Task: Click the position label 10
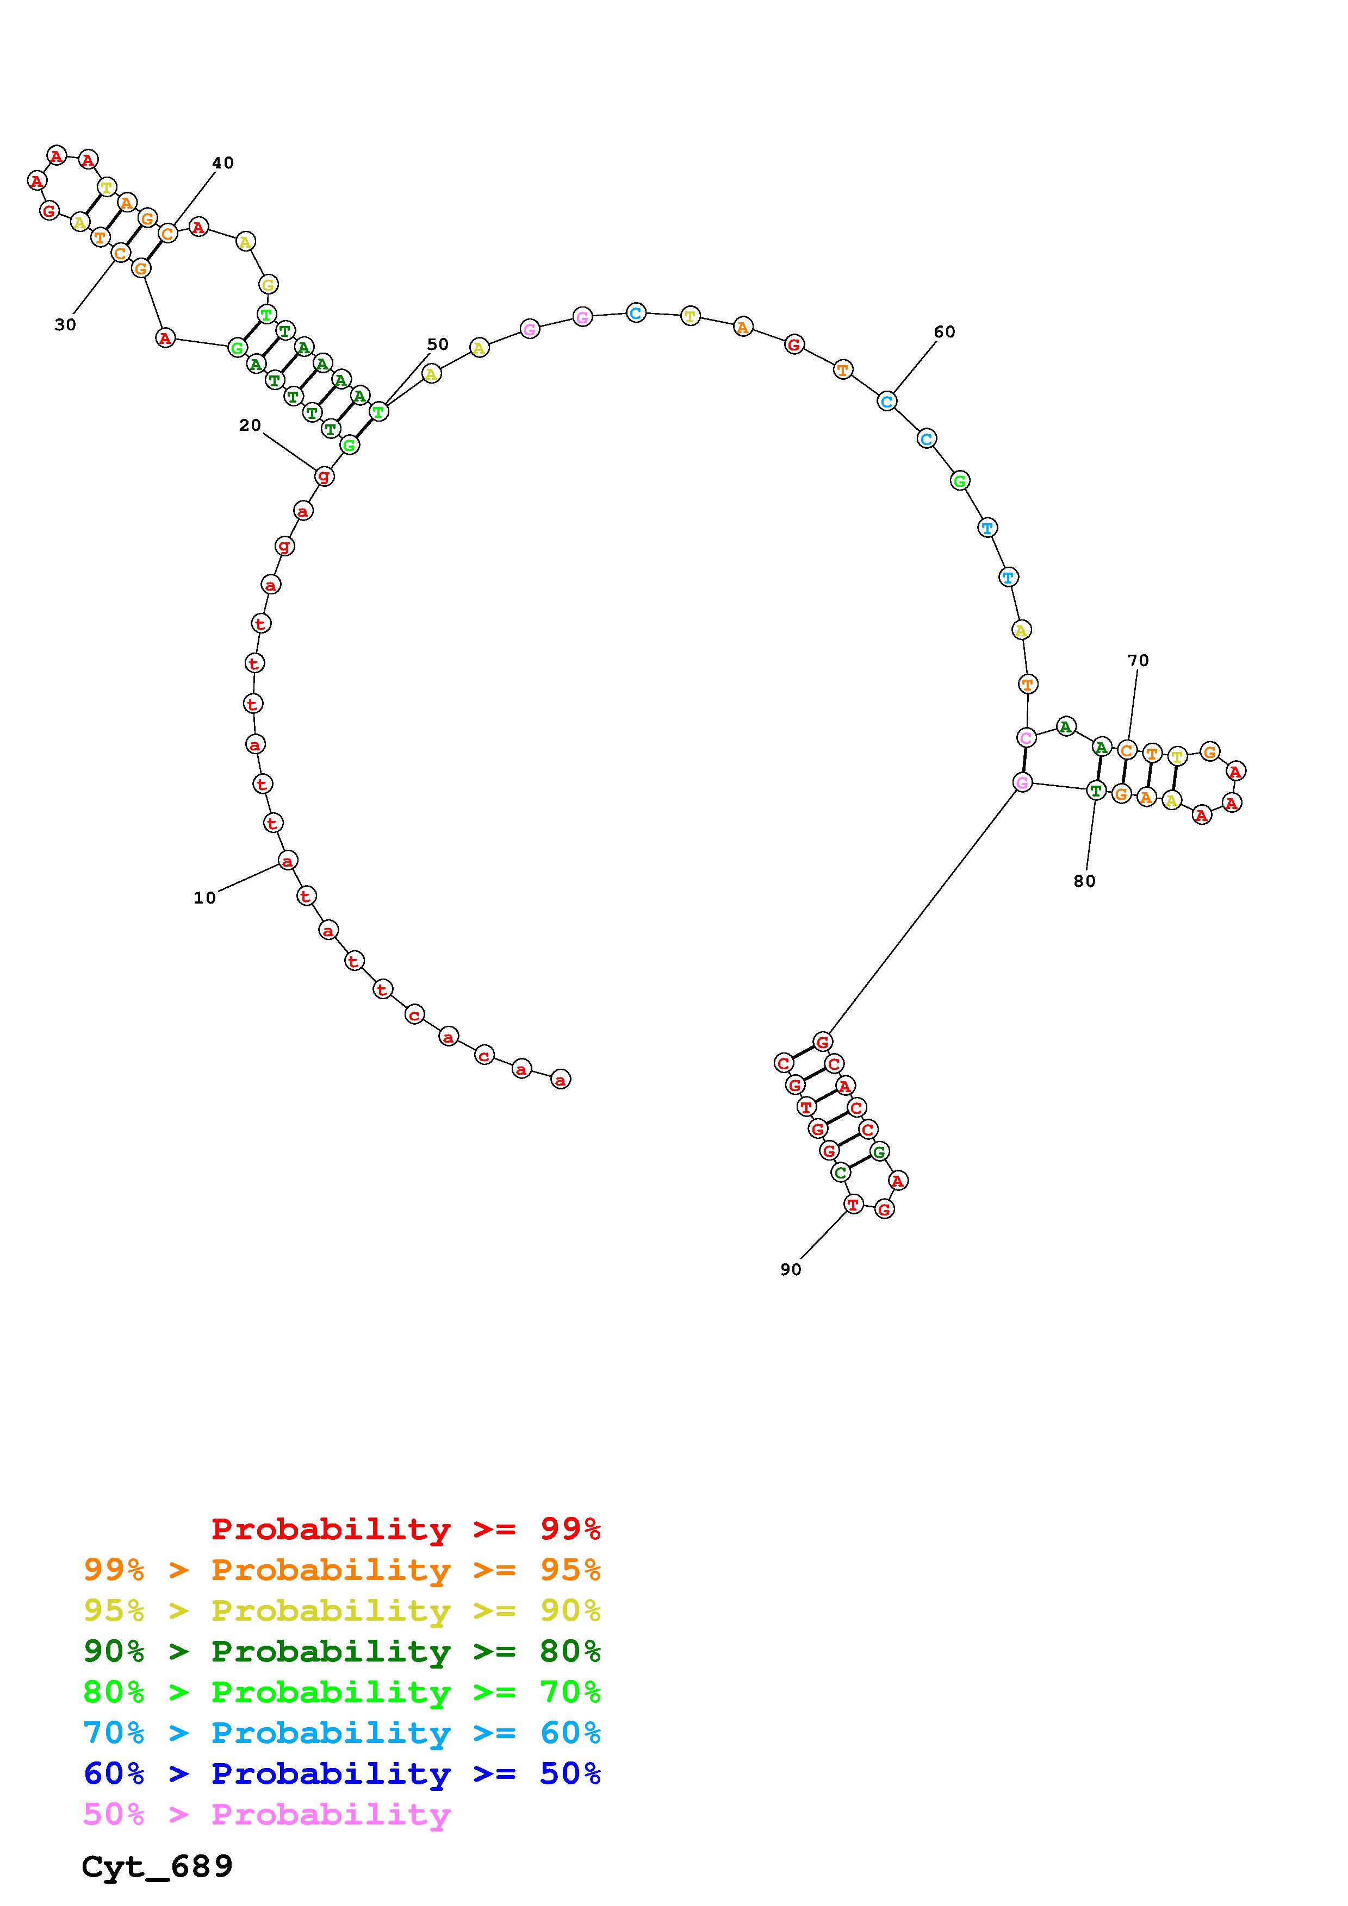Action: pos(204,898)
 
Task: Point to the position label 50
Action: pos(438,344)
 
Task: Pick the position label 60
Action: pos(945,332)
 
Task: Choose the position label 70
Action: pos(1138,661)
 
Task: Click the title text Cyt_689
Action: pos(157,1867)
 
